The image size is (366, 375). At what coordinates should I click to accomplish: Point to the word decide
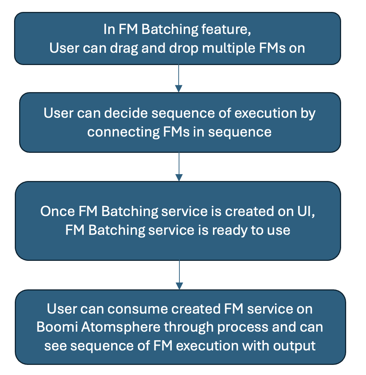(x=127, y=113)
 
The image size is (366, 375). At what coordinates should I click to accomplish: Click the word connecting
(x=121, y=132)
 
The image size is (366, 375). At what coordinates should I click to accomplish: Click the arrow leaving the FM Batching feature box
(x=178, y=78)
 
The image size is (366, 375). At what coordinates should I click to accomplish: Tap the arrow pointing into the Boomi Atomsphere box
(x=178, y=275)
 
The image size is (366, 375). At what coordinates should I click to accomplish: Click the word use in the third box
(x=280, y=230)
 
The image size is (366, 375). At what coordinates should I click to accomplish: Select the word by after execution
(x=308, y=113)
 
